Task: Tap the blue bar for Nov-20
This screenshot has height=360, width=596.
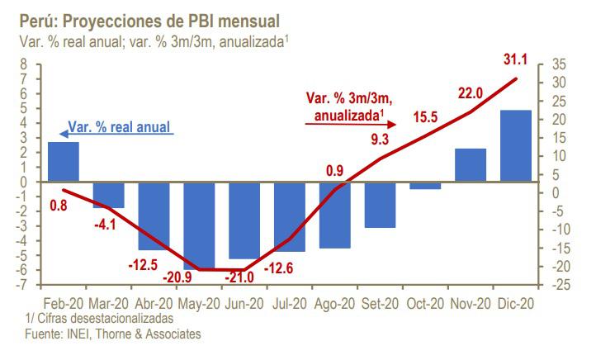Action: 471,165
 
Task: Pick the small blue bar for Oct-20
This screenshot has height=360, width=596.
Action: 425,185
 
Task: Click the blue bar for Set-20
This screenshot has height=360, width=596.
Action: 380,204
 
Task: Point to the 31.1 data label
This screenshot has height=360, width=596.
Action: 516,59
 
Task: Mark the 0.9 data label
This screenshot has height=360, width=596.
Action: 334,170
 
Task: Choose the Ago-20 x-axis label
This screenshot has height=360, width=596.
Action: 334,303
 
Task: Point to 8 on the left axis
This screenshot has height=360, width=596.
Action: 23,64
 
